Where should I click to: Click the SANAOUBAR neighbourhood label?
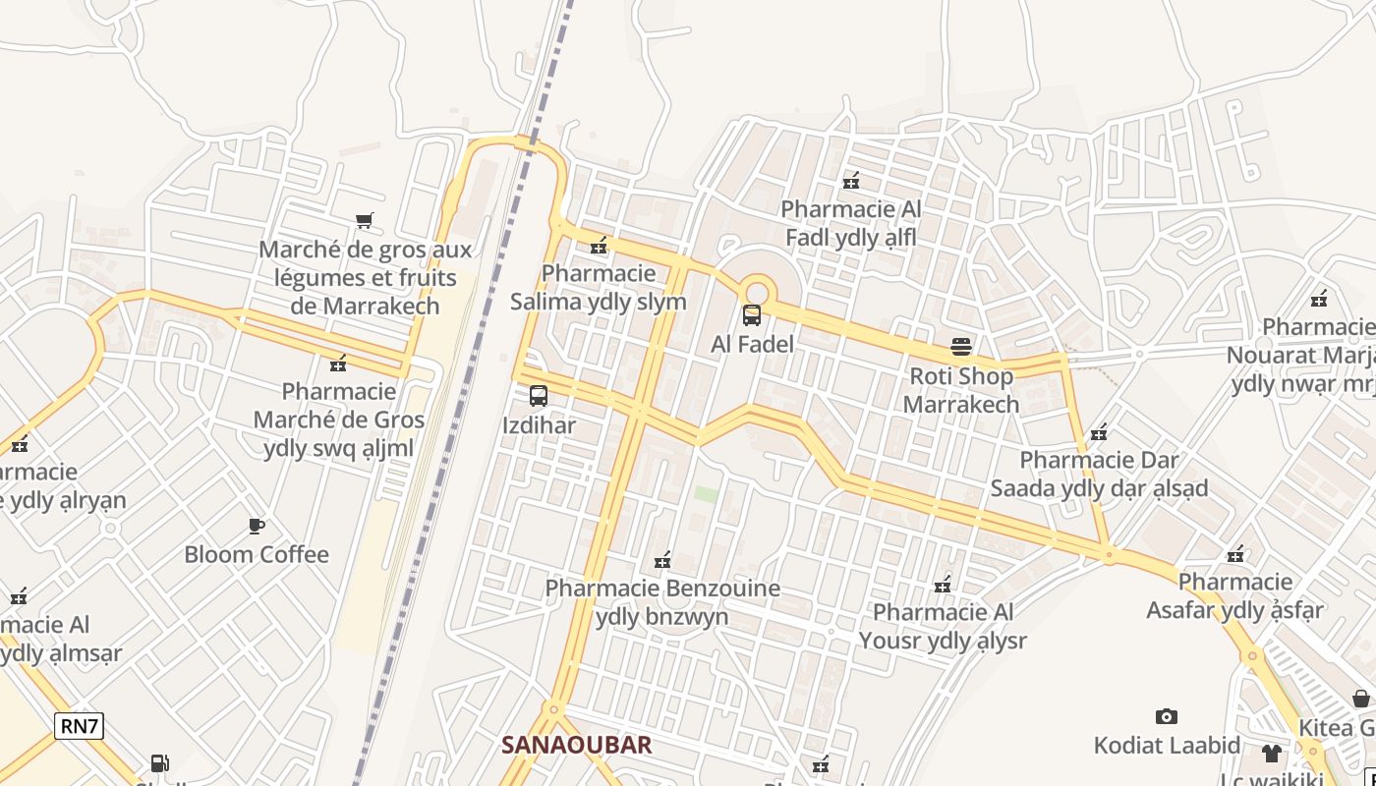point(576,745)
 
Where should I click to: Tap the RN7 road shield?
point(79,727)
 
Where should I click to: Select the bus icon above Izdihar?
point(539,396)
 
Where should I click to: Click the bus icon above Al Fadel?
point(752,315)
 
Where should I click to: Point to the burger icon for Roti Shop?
point(961,347)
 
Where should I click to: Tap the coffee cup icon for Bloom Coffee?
point(257,526)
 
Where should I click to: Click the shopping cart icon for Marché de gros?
point(365,220)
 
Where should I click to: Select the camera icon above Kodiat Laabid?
point(1167,716)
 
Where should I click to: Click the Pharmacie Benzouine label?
point(662,602)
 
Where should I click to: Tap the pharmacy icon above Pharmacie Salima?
point(598,245)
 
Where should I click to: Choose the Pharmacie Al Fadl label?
point(851,223)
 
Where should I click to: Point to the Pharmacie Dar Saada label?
point(1099,474)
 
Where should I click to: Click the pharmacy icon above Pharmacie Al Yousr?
point(943,585)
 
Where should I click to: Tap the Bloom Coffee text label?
point(257,554)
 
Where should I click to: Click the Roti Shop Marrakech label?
point(961,390)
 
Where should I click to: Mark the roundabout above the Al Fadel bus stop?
point(756,292)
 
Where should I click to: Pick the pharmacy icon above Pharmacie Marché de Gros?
point(338,364)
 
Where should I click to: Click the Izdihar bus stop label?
point(539,425)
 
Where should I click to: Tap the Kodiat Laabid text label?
point(1167,745)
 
